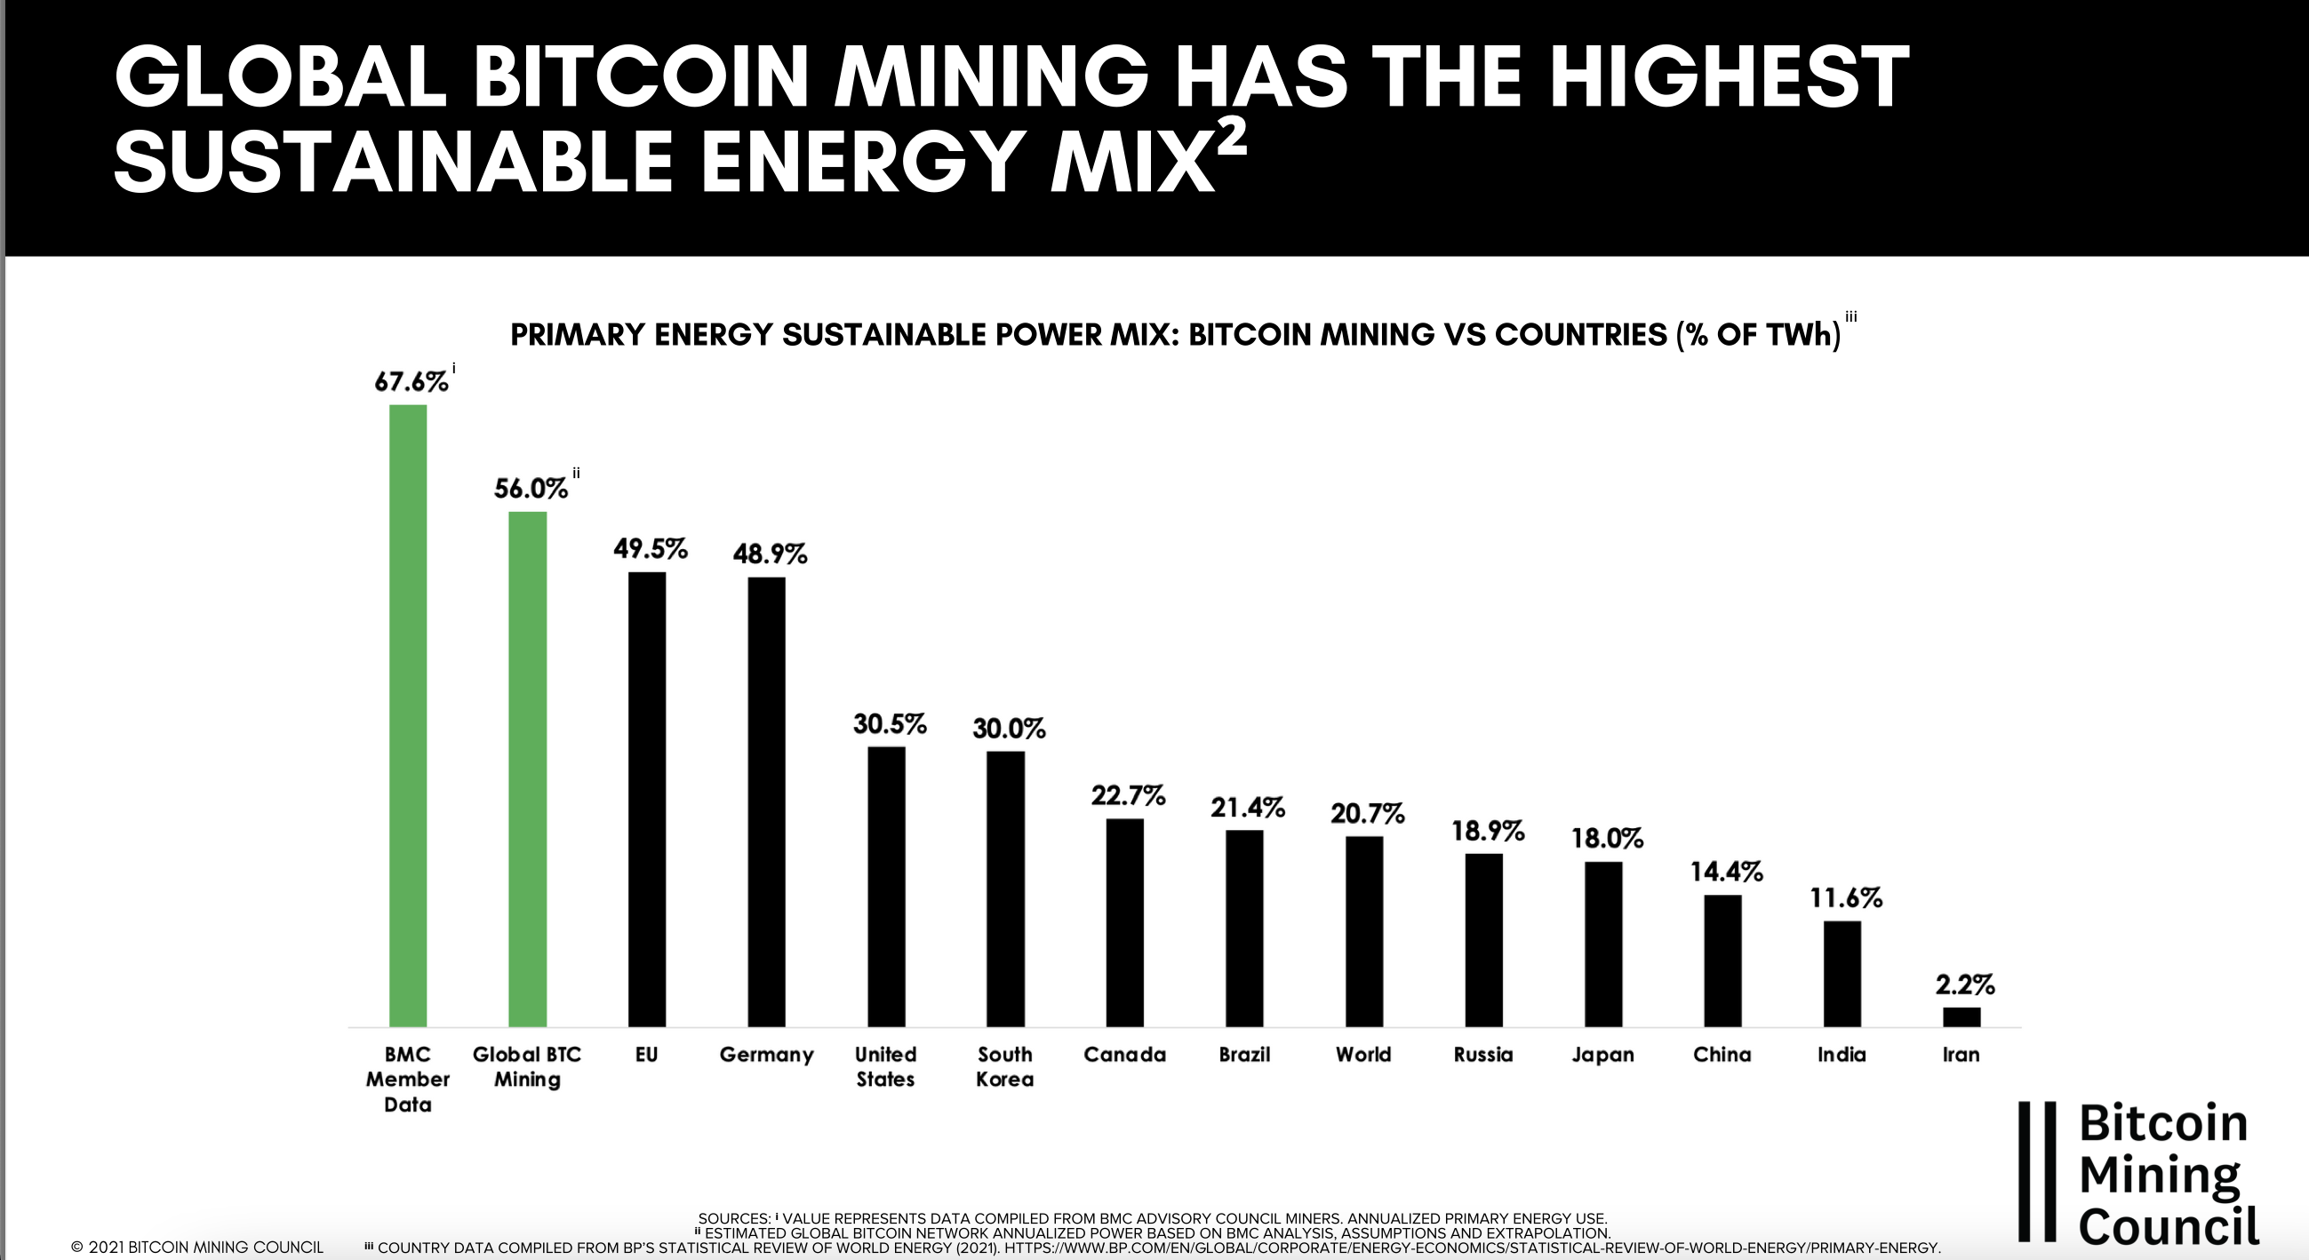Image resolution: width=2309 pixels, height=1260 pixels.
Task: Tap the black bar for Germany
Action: pyautogui.click(x=766, y=801)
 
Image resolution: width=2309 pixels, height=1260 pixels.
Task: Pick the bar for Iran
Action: pyautogui.click(x=1961, y=1017)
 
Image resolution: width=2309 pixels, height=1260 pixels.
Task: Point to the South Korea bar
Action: pyautogui.click(x=1005, y=888)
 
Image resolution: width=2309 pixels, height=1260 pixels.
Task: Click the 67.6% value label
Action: pyautogui.click(x=411, y=383)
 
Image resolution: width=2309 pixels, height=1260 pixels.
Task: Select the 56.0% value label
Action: pyautogui.click(x=531, y=490)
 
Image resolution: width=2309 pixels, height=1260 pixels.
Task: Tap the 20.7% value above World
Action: pyautogui.click(x=1367, y=815)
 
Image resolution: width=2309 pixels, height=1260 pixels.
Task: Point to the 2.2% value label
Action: pyautogui.click(x=1965, y=985)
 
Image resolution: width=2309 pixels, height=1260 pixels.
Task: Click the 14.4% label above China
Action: pyautogui.click(x=1726, y=872)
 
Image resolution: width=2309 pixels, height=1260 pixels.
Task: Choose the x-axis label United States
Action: pyautogui.click(x=885, y=1066)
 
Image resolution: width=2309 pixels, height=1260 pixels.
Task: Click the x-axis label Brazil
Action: pyautogui.click(x=1244, y=1055)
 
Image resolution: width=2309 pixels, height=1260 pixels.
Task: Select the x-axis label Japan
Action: pyautogui.click(x=1602, y=1055)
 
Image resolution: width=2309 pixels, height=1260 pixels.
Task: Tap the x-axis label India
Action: pyautogui.click(x=1842, y=1055)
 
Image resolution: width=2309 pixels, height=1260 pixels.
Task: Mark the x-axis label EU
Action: pyautogui.click(x=646, y=1055)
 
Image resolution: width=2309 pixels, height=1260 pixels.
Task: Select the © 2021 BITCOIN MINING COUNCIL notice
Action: pyautogui.click(x=196, y=1248)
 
